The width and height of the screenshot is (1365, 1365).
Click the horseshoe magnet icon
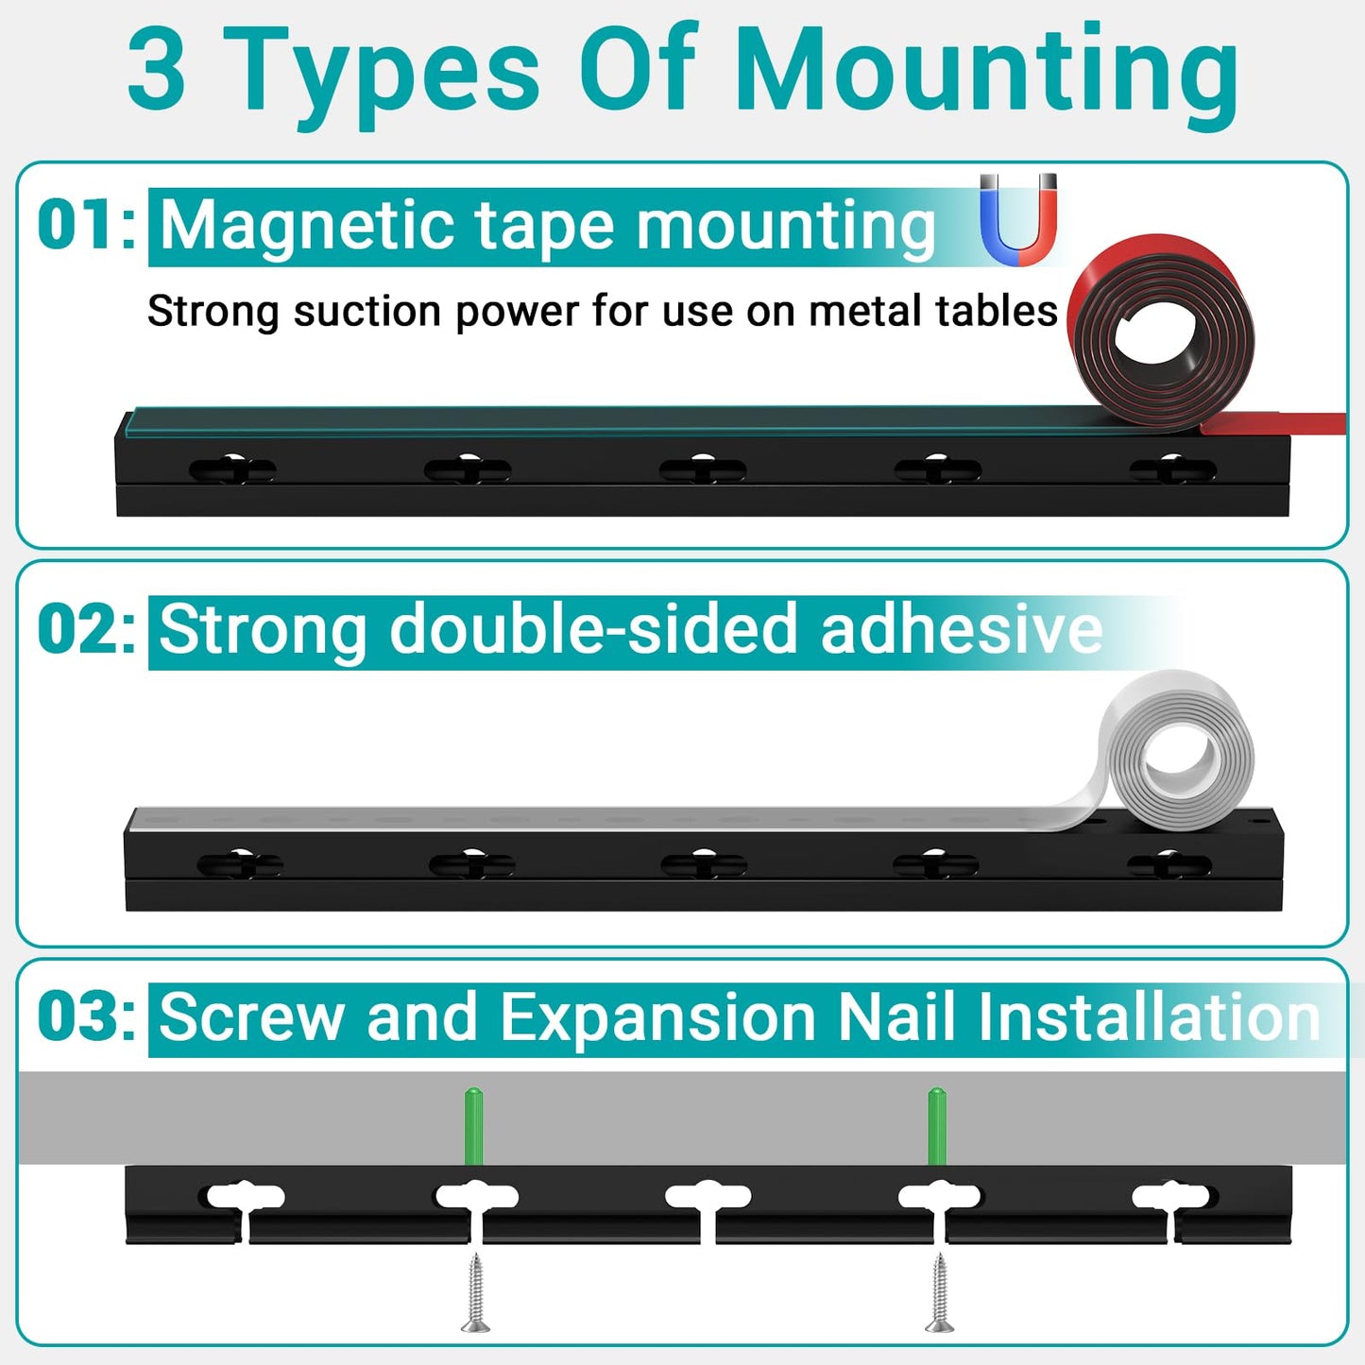point(1017,220)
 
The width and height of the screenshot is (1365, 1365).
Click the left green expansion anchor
point(473,1126)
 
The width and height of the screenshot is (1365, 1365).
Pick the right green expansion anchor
point(936,1126)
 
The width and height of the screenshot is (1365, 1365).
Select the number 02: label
point(86,629)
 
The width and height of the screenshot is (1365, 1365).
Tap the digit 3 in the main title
point(157,71)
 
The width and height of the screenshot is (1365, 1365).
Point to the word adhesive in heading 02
point(961,630)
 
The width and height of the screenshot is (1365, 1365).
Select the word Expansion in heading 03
point(658,1017)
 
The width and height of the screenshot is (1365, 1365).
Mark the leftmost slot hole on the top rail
point(232,469)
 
